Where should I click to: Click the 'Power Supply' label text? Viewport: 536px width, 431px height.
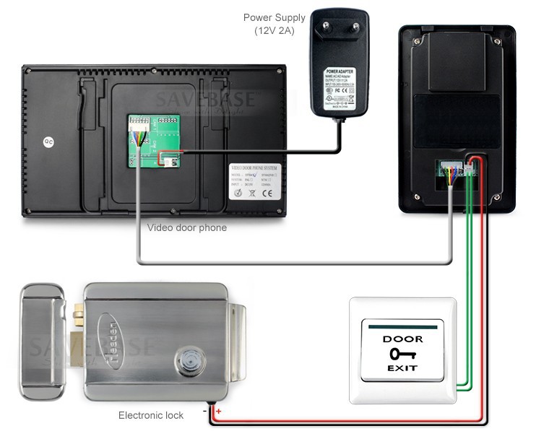274,17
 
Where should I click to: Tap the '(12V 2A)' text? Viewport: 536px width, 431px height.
274,31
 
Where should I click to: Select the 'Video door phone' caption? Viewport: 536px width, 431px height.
187,227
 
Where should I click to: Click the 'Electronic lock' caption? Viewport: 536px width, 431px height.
151,415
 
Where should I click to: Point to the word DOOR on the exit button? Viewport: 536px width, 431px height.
402,339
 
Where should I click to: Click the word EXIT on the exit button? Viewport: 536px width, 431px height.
402,369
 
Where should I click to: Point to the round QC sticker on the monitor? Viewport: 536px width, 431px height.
48,142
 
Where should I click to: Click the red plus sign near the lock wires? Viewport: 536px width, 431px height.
219,411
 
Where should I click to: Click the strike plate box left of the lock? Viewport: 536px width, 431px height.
45,341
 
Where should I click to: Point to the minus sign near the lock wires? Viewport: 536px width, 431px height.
205,411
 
